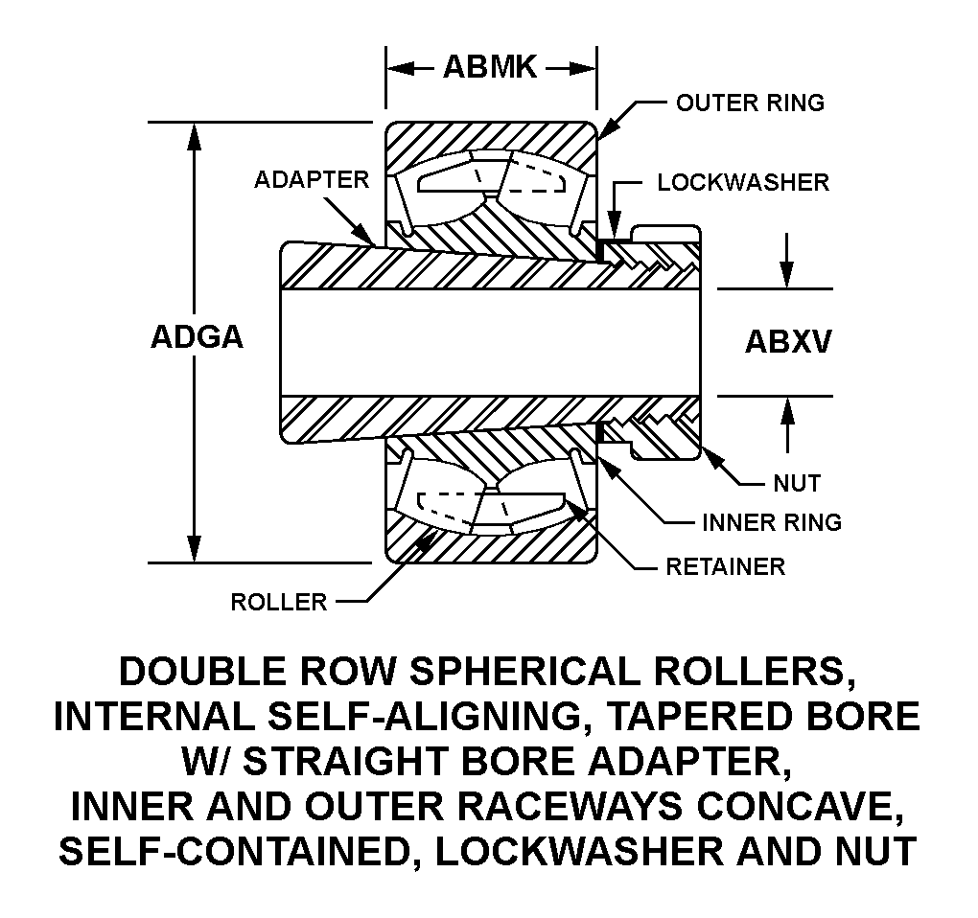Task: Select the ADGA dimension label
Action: [x=197, y=337]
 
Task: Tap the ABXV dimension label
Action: [x=787, y=342]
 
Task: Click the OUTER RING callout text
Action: [x=750, y=103]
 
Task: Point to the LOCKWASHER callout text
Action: [x=742, y=182]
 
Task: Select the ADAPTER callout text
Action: [x=311, y=180]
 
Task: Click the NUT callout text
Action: [x=797, y=483]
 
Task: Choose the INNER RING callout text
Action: [x=771, y=522]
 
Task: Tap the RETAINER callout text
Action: [x=725, y=566]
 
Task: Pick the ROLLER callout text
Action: [x=279, y=603]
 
